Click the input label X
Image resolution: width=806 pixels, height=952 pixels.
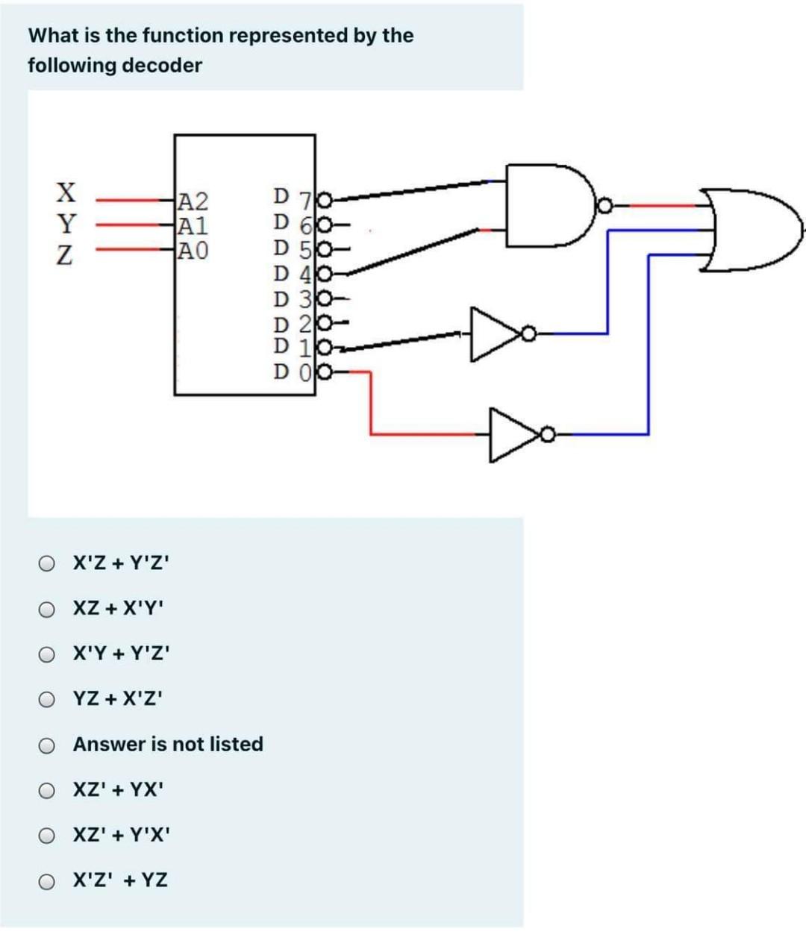click(66, 192)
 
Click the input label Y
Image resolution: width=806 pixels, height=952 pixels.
click(66, 223)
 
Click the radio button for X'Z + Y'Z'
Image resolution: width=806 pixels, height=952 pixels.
click(47, 563)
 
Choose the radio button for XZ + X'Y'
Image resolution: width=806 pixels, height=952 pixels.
click(47, 609)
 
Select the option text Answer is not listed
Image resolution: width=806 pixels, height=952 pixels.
click(168, 744)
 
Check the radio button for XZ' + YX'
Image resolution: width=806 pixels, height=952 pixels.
click(47, 790)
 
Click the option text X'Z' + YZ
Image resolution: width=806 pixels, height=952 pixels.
click(120, 880)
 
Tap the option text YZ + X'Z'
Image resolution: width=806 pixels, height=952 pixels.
click(118, 699)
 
